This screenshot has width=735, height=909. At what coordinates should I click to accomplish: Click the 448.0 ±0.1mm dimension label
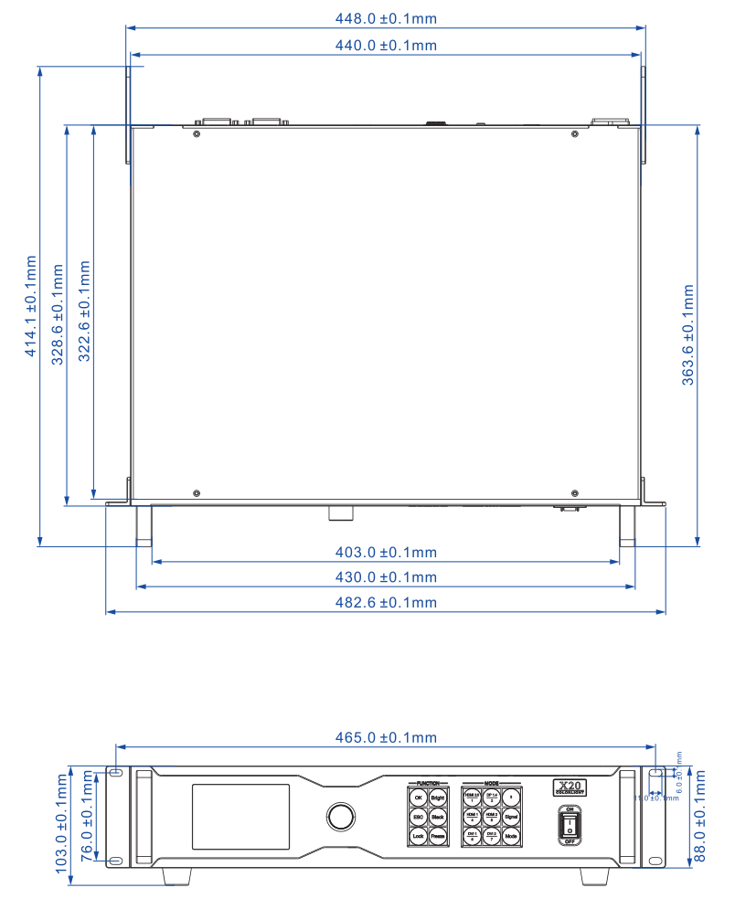(x=385, y=16)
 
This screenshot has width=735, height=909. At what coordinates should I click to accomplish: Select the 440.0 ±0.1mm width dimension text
(x=385, y=45)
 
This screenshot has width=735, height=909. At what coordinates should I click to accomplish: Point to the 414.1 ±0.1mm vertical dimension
(x=31, y=305)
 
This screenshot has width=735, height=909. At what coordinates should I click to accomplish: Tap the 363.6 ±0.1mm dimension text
(x=688, y=334)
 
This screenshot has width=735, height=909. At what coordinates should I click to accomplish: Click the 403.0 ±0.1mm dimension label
(x=385, y=552)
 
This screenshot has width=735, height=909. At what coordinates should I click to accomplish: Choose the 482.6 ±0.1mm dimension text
(x=385, y=602)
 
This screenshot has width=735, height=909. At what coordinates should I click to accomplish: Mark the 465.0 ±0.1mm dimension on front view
(x=385, y=737)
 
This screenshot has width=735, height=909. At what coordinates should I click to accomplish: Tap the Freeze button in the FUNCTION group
(x=438, y=836)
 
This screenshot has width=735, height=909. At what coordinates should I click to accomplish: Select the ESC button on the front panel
(x=418, y=817)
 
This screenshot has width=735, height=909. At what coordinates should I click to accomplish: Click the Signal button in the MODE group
(x=511, y=817)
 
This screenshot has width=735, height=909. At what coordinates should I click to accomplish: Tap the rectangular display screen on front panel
(x=240, y=816)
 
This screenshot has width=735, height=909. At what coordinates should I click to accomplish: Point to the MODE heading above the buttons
(x=492, y=784)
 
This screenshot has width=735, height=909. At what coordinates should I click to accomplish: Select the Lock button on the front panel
(x=418, y=836)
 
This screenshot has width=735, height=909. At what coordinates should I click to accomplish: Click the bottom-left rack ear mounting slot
(x=115, y=861)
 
